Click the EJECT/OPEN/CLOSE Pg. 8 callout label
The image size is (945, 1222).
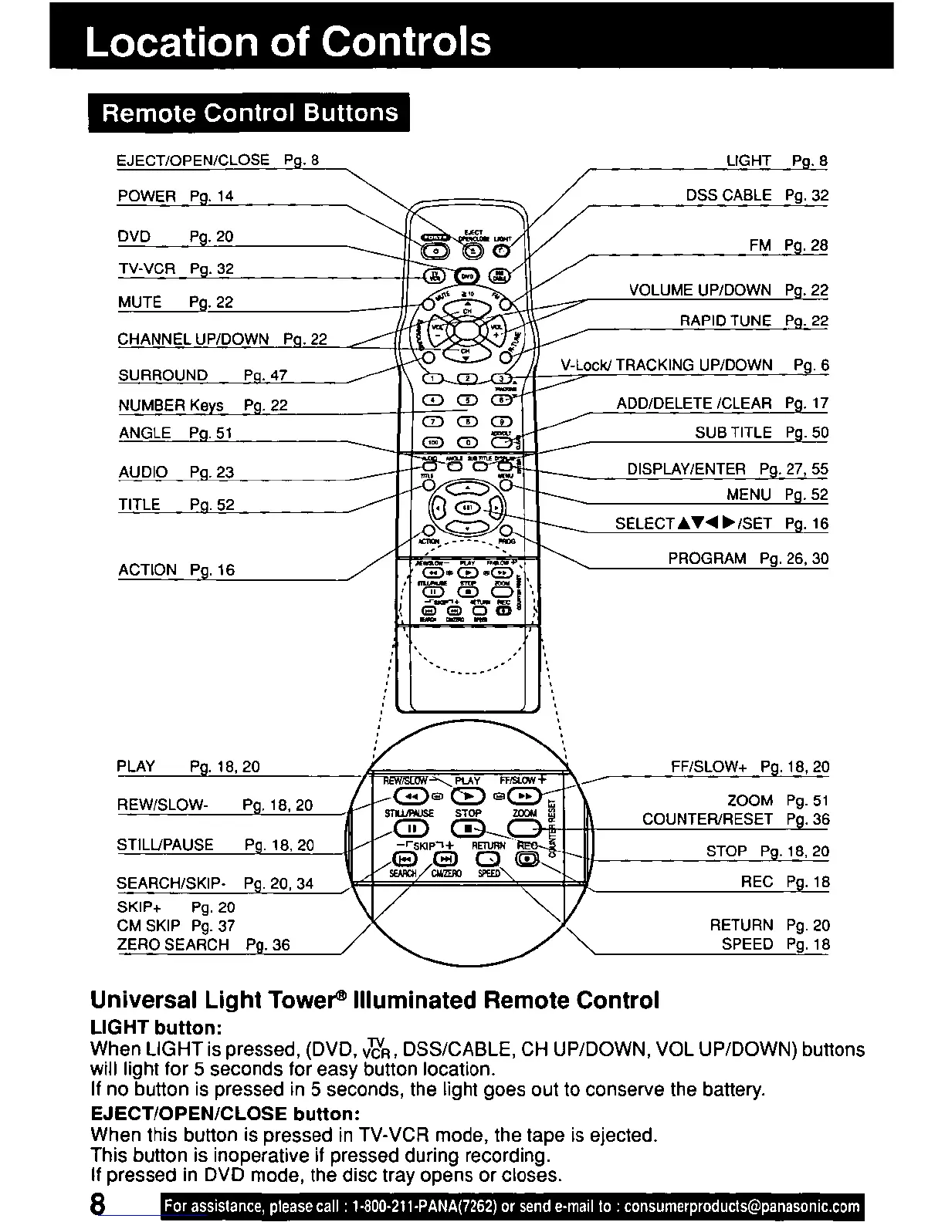click(x=217, y=160)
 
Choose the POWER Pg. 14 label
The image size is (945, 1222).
click(x=175, y=196)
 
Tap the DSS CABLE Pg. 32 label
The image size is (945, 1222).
click(x=757, y=195)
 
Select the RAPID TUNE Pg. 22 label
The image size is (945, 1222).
click(x=754, y=321)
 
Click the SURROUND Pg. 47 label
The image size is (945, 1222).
click(x=202, y=376)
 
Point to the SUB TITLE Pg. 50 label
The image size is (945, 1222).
click(x=761, y=433)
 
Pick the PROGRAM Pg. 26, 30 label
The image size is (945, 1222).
click(x=748, y=559)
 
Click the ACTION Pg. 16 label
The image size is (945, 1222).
click(x=176, y=570)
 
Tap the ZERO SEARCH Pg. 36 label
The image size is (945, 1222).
click(x=204, y=945)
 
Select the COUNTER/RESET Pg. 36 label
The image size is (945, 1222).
click(x=736, y=819)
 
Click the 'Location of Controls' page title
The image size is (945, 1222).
click(x=288, y=42)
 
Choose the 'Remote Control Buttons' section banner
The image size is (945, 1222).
click(x=249, y=113)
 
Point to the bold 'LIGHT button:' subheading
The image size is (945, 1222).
click(x=157, y=1028)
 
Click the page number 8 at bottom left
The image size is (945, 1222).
click(x=98, y=1205)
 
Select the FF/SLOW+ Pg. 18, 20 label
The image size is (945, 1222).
click(x=750, y=767)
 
